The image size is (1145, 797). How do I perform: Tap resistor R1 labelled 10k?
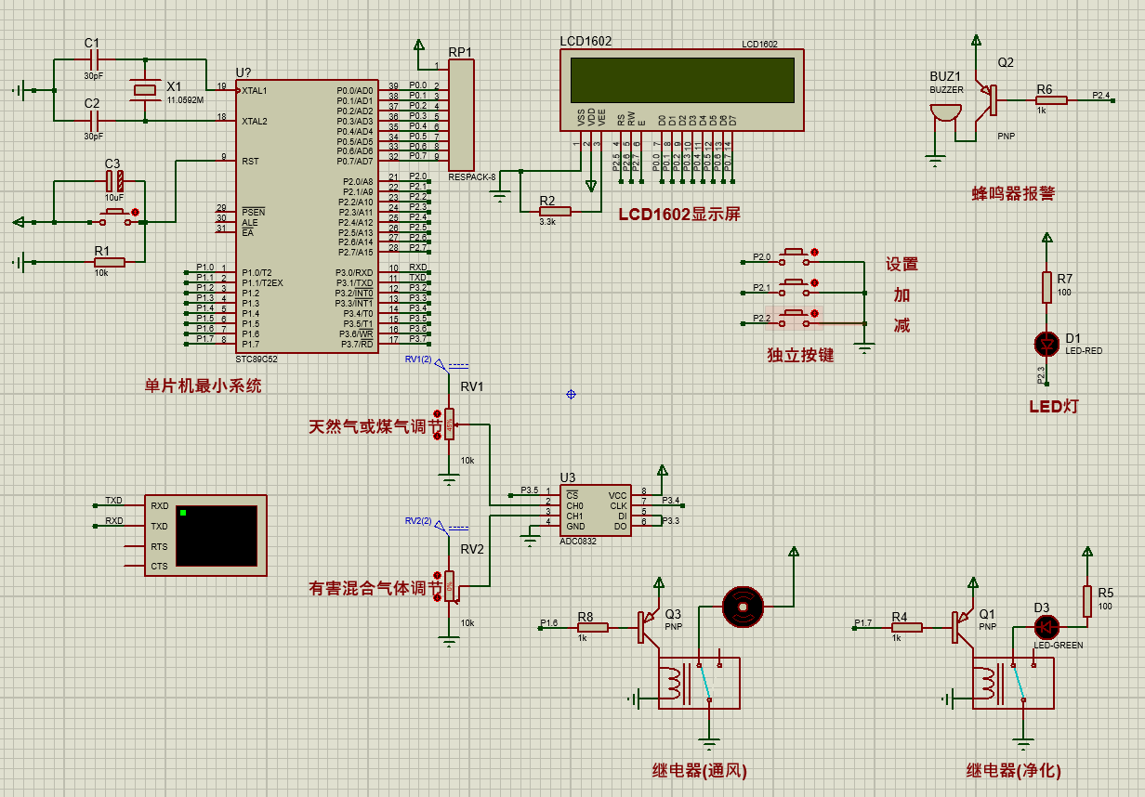point(109,262)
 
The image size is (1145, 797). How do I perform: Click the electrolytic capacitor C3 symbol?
point(113,180)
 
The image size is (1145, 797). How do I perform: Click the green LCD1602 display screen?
point(682,80)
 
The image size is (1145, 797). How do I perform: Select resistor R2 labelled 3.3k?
point(555,211)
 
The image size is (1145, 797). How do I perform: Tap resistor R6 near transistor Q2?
point(1051,100)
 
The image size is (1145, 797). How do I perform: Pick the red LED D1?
point(1047,344)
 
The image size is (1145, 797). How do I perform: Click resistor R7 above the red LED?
point(1047,287)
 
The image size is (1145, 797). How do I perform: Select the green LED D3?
point(1047,627)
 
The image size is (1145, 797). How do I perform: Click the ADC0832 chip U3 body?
point(596,510)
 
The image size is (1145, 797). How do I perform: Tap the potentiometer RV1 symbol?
point(449,425)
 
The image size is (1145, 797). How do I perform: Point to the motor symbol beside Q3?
point(743,606)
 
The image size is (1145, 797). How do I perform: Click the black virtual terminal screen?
point(216,535)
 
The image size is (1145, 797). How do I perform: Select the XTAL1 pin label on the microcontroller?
point(255,91)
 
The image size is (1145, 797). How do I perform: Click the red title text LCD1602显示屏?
point(679,214)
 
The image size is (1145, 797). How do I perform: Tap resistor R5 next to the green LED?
point(1086,601)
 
